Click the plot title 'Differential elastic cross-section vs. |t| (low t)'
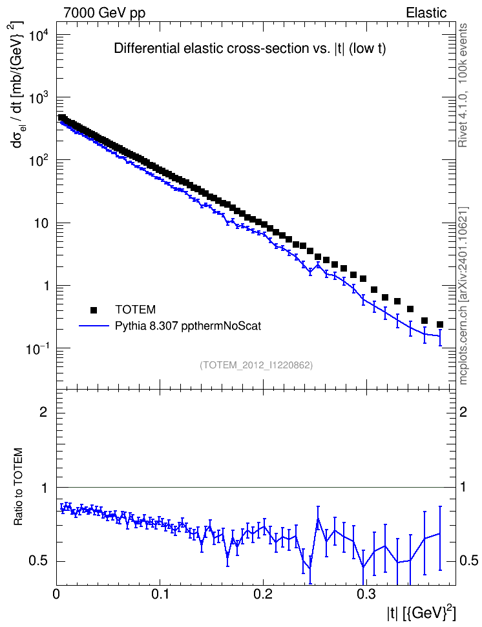249,48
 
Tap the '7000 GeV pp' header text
104,13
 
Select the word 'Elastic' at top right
426,13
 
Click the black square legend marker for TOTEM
94,310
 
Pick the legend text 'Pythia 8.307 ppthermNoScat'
188,326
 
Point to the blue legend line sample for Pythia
94,326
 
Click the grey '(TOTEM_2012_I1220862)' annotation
256,365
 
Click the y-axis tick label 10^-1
37,349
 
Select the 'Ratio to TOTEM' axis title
19,486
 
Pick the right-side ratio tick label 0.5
468,561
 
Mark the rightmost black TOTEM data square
440,324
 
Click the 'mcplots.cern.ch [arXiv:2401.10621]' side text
463,296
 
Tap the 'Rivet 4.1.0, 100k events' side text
463,86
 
